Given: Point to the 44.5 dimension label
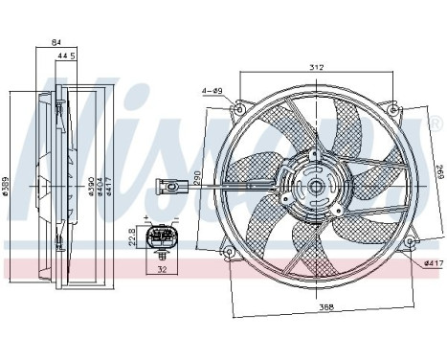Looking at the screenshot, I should [66, 56].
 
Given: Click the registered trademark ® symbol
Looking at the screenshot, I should [436, 124].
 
